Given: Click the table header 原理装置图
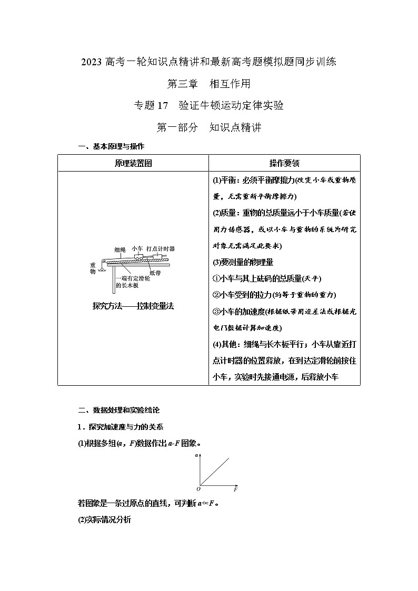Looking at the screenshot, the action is (133, 163).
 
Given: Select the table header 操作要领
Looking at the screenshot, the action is (284, 163).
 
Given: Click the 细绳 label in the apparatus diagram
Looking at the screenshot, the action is (120, 249).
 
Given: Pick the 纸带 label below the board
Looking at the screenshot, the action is (155, 273).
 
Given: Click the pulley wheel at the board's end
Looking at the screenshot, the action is (104, 261).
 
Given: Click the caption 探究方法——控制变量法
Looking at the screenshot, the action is (133, 306).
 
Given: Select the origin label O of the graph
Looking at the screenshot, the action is (198, 489).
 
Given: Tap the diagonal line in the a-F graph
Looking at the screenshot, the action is (216, 470).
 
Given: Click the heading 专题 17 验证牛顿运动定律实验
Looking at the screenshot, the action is (209, 105).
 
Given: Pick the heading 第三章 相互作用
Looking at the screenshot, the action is (208, 83).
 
